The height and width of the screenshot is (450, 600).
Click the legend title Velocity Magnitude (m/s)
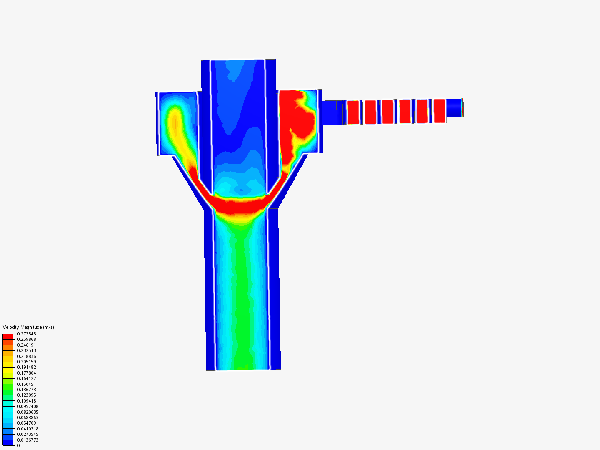point(28,327)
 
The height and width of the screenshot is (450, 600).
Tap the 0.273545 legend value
point(27,334)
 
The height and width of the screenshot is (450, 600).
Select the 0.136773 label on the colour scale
point(27,390)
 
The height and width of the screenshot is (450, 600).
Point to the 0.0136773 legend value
point(28,440)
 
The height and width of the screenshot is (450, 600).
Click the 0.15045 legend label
point(25,384)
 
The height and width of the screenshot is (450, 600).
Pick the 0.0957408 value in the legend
point(28,406)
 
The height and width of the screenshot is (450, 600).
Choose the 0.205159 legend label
point(27,362)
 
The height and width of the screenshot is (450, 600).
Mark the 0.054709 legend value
point(27,423)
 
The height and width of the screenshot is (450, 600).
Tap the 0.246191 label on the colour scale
point(27,345)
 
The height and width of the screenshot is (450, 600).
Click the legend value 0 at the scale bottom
point(19,445)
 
